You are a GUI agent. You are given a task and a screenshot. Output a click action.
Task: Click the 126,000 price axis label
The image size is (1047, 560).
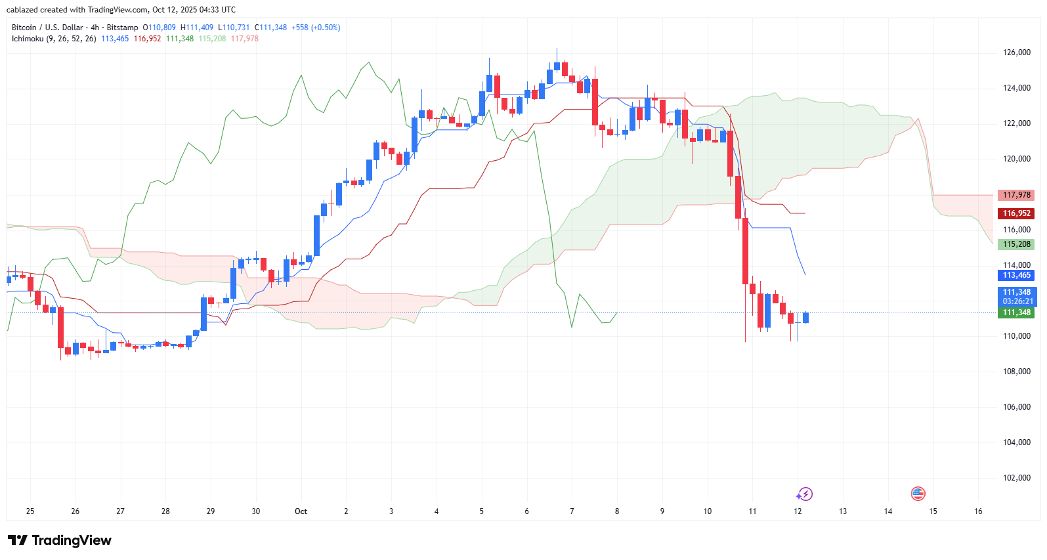[x=1016, y=53]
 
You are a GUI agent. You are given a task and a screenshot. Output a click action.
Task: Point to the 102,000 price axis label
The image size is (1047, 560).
[x=1016, y=478]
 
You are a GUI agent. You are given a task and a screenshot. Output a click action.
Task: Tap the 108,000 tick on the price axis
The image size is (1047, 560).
[x=1016, y=372]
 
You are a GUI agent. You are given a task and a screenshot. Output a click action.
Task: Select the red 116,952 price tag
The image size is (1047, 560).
[x=1016, y=213]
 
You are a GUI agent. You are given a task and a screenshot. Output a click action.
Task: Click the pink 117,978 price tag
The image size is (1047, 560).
[x=1016, y=195]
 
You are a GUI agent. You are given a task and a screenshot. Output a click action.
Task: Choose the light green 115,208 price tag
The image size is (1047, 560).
[x=1016, y=244]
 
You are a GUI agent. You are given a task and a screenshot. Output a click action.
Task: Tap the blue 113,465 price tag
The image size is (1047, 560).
[x=1016, y=275]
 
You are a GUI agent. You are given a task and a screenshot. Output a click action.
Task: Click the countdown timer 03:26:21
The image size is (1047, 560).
[x=1017, y=301]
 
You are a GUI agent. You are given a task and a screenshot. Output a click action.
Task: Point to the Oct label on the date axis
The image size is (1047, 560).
[x=301, y=511]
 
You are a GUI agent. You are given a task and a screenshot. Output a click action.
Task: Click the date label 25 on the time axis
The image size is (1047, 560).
[x=30, y=511]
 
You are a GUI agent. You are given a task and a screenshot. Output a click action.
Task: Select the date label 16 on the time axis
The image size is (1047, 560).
[x=978, y=511]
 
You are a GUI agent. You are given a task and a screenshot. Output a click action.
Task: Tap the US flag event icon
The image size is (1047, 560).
[x=918, y=494]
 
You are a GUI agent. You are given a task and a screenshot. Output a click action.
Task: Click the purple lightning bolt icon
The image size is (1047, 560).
[x=805, y=494]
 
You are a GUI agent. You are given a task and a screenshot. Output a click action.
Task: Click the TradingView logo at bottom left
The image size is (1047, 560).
[x=60, y=540]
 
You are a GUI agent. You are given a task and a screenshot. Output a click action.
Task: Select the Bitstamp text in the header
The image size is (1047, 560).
[x=122, y=28]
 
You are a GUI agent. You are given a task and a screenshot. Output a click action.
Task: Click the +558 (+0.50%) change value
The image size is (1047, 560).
[x=316, y=28]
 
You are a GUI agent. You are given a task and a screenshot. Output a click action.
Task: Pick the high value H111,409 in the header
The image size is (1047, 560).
[x=197, y=28]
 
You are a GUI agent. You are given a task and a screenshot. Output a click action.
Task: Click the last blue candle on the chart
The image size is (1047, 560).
[x=805, y=318]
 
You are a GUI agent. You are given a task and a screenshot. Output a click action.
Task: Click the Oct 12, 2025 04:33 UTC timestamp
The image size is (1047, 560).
[x=194, y=10]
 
